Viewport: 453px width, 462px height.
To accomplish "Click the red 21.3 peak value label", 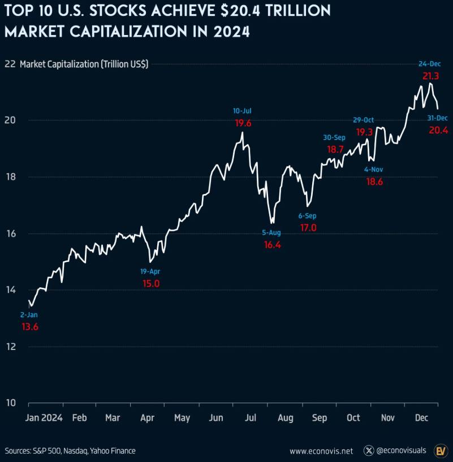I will [430, 75].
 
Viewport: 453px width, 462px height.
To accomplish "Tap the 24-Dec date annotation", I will [430, 63].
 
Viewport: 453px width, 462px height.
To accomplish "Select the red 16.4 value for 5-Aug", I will [272, 245].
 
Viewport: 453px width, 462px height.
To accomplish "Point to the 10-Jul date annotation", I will [242, 110].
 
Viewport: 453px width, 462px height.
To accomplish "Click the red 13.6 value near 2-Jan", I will [29, 327].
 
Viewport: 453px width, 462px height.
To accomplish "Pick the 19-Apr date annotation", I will [151, 271].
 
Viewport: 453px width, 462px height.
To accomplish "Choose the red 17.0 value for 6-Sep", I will [308, 227].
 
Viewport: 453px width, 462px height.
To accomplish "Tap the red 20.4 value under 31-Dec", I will [438, 130].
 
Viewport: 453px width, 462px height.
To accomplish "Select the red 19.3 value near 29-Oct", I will [365, 132].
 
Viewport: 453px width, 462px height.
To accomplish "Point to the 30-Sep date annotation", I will [334, 137].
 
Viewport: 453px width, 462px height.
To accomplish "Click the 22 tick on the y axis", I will [9, 64].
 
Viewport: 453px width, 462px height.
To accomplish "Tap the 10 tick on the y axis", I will [10, 403].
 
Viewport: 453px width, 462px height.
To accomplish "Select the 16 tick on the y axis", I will [10, 234].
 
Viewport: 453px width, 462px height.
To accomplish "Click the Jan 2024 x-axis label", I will [44, 418].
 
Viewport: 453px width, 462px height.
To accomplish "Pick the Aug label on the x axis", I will [286, 418].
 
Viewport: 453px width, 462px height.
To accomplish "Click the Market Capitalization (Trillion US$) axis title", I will [84, 64].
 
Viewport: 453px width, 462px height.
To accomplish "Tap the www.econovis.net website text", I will [321, 451].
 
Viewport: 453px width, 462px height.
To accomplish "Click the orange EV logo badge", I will [441, 451].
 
